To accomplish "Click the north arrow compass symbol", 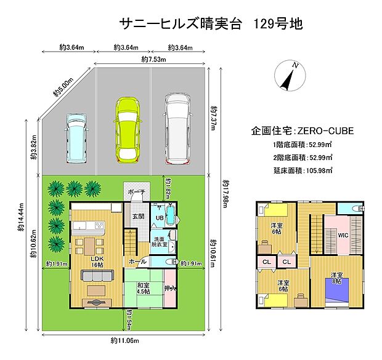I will [288, 75].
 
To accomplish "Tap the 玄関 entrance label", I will [137, 217].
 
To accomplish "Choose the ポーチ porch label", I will [137, 192].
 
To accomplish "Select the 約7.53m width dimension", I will [152, 60].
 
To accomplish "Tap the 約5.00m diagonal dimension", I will [63, 87].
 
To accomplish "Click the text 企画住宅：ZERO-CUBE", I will [302, 131].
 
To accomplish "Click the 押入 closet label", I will [169, 287].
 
